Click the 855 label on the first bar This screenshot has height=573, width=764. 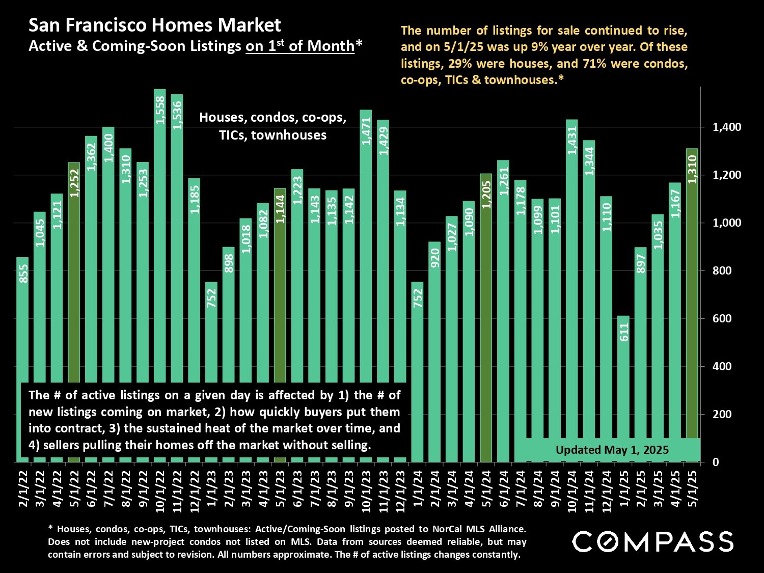click(x=23, y=273)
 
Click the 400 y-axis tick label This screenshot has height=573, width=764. click(x=722, y=366)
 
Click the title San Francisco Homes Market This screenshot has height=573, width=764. click(x=154, y=25)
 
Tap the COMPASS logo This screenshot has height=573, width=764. click(x=653, y=541)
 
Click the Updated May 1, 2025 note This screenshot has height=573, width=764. click(x=612, y=450)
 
